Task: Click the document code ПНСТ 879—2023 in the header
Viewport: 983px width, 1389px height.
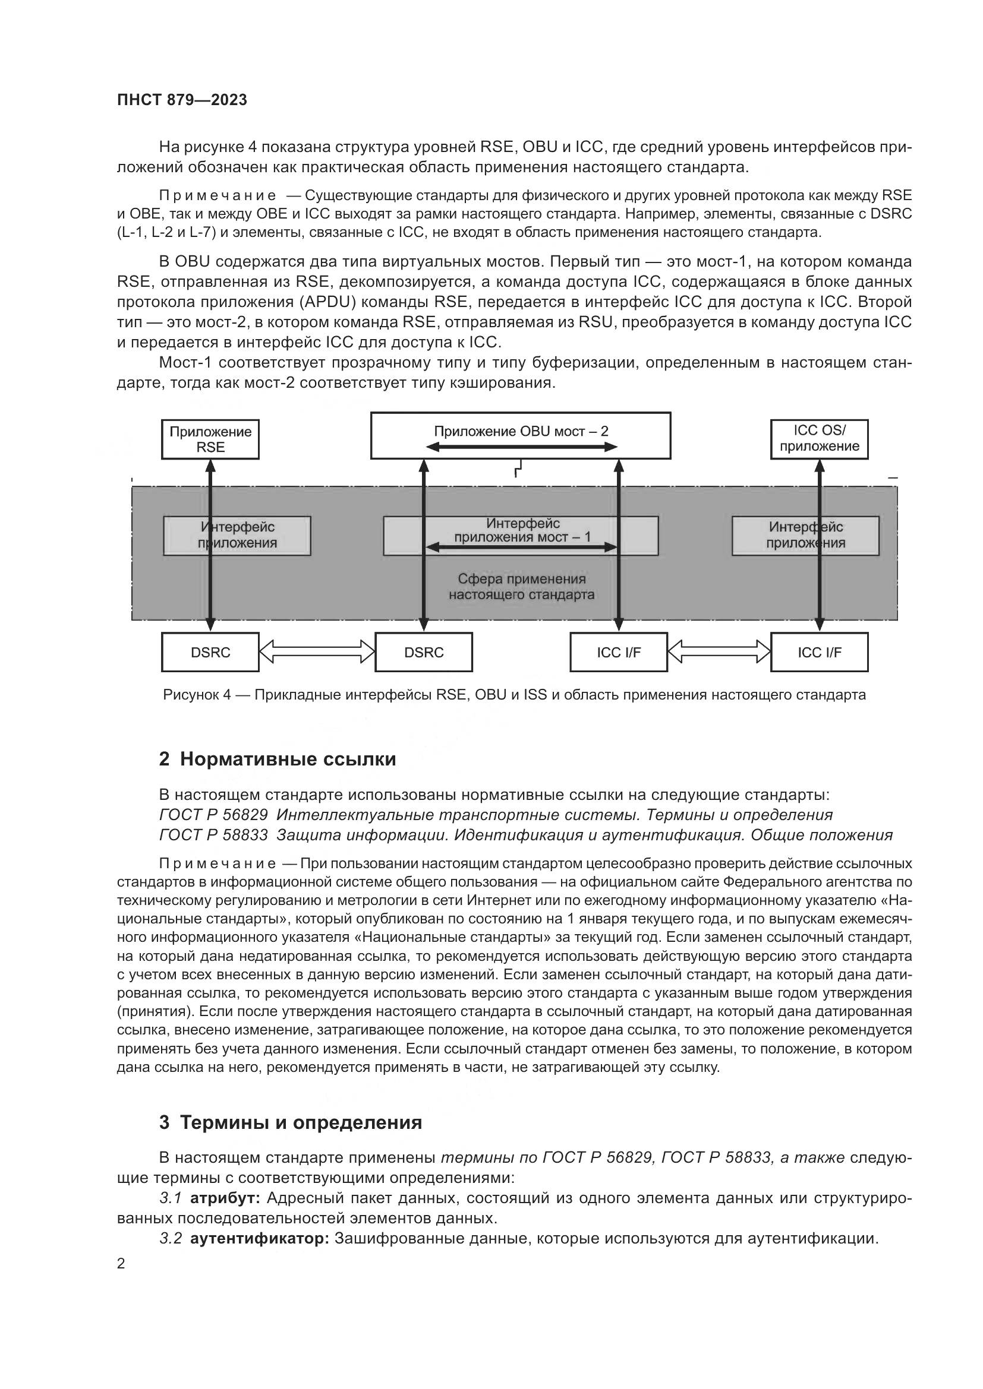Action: [182, 100]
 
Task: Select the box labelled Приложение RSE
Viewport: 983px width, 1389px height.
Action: [210, 439]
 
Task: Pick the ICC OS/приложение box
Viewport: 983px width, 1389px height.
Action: [819, 439]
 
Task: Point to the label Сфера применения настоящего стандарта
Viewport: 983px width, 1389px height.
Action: [521, 587]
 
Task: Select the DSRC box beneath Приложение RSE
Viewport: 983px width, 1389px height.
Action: [210, 652]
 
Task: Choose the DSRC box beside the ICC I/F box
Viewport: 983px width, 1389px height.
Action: [424, 652]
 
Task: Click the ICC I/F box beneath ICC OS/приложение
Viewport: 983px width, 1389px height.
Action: [819, 652]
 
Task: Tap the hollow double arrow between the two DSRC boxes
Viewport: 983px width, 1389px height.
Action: [317, 651]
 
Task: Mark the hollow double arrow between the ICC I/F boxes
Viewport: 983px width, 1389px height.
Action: [719, 651]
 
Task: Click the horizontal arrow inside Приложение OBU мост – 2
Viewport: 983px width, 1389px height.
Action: [521, 447]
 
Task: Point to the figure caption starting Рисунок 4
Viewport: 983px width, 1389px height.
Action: [514, 695]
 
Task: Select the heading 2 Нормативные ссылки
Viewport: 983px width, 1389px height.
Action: [277, 758]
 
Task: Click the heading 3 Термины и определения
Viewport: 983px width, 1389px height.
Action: [291, 1122]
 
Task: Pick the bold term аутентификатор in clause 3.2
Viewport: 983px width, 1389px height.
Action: [260, 1238]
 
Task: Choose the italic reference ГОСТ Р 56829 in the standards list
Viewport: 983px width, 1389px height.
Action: [213, 815]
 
